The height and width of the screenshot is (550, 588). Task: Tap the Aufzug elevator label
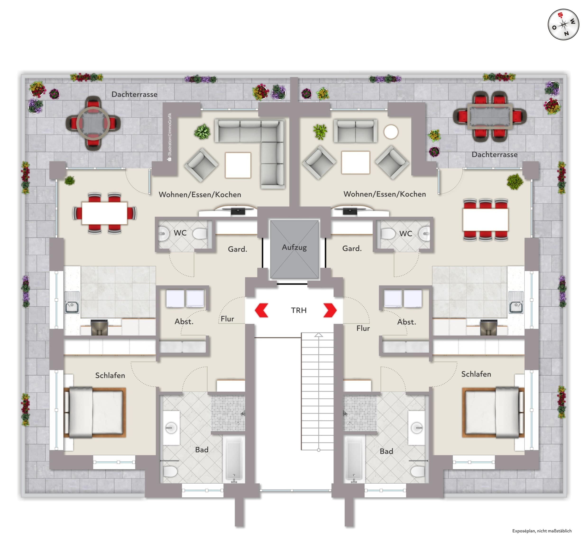pyautogui.click(x=294, y=247)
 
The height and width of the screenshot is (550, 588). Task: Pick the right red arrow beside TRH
pyautogui.click(x=330, y=310)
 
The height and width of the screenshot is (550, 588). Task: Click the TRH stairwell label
pyautogui.click(x=299, y=310)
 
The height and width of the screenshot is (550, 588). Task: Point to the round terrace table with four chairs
pyautogui.click(x=93, y=123)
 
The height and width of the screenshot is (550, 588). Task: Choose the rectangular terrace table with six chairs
pyautogui.click(x=490, y=116)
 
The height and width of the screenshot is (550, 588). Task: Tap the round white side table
pyautogui.click(x=391, y=132)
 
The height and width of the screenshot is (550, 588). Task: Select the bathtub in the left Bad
pyautogui.click(x=234, y=460)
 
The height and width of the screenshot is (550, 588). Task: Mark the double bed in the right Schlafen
pyautogui.click(x=493, y=412)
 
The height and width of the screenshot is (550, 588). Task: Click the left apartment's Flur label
pyautogui.click(x=227, y=319)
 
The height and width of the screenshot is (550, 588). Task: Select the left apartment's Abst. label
pyautogui.click(x=184, y=321)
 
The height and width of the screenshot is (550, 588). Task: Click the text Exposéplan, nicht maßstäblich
pyautogui.click(x=542, y=531)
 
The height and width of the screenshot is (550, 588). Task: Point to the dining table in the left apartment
pyautogui.click(x=104, y=213)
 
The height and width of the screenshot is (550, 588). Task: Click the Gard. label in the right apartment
pyautogui.click(x=352, y=248)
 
